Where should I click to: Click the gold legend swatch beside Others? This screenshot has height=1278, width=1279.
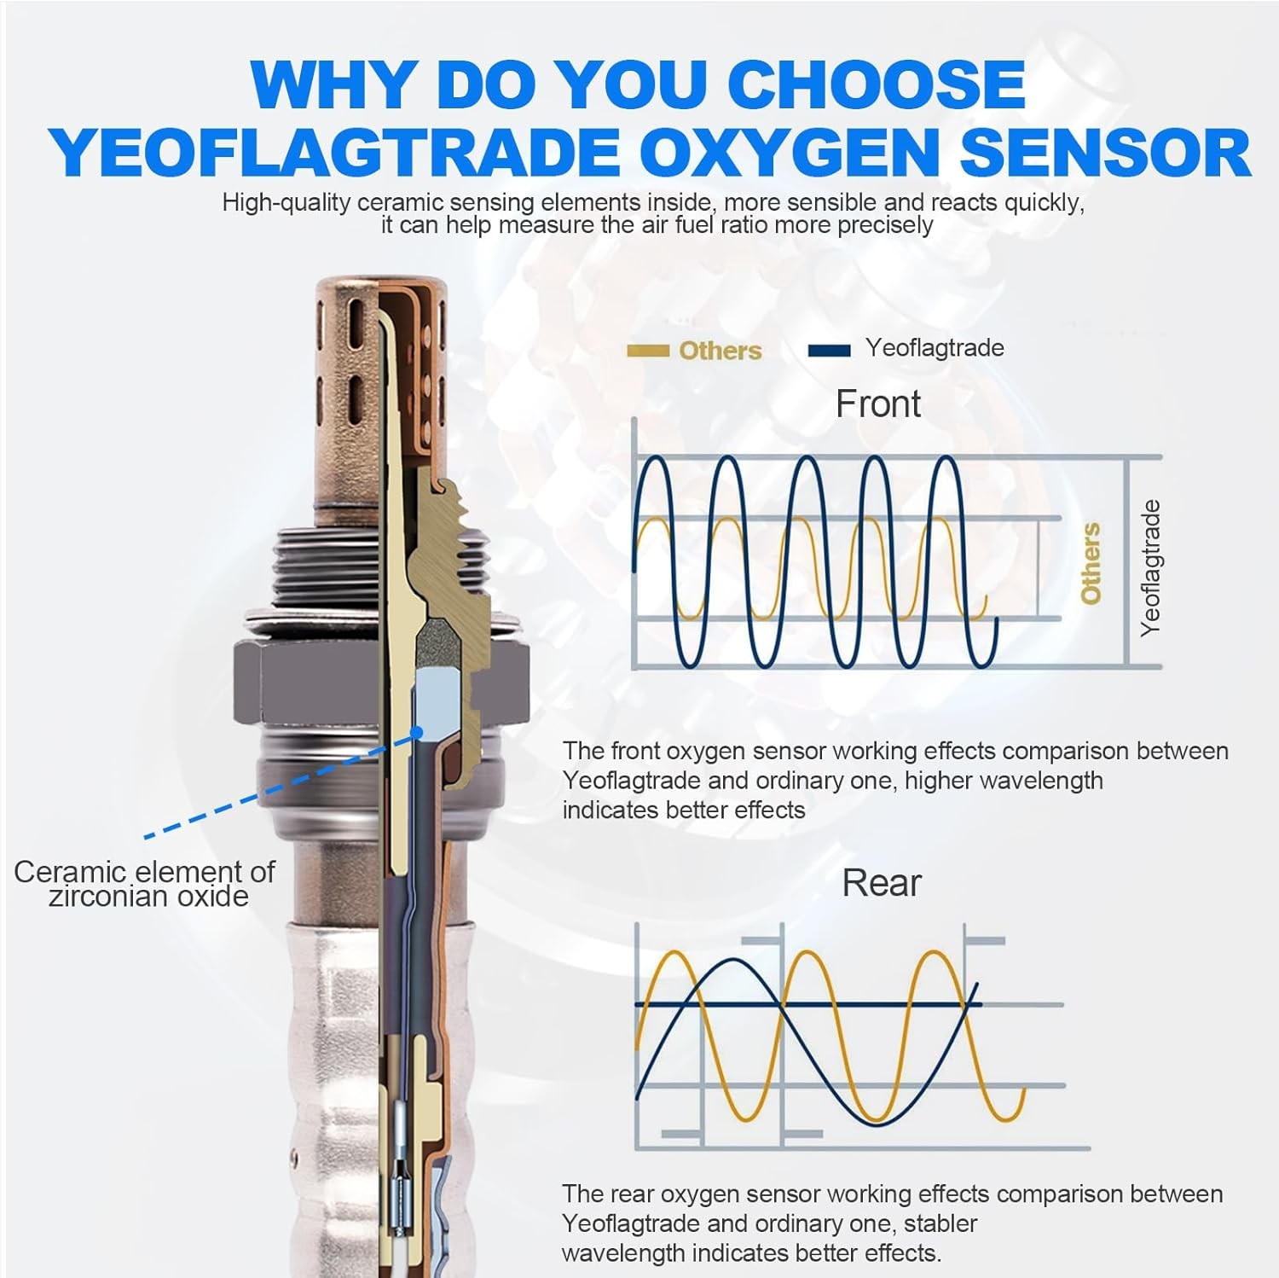coord(647,351)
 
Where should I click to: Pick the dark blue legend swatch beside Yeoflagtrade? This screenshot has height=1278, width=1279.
coord(829,350)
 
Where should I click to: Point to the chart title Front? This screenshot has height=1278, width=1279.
coord(877,404)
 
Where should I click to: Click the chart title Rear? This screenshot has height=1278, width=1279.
coord(882,883)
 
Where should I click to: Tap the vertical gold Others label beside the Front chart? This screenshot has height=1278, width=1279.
coord(1091,563)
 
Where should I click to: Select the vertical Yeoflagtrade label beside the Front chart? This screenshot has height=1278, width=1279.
coord(1150,567)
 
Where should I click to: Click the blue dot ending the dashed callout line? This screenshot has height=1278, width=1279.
coord(417,731)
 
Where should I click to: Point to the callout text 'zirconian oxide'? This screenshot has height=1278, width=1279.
coord(148,896)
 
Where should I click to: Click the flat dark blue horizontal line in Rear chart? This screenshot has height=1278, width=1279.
coord(808,1004)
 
